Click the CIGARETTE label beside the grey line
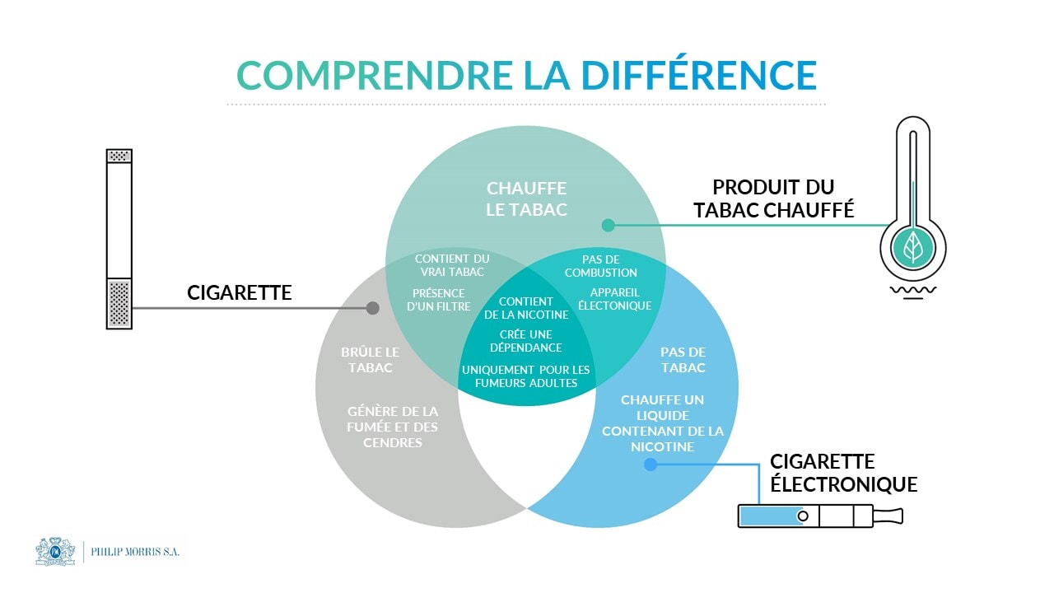click(x=240, y=292)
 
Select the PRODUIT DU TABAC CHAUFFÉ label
click(x=773, y=198)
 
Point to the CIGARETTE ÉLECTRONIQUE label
click(x=843, y=473)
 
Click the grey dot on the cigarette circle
click(x=372, y=308)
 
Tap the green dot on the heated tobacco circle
click(x=608, y=225)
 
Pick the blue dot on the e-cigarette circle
click(x=650, y=465)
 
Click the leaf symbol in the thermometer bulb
click(x=912, y=246)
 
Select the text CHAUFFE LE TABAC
click(x=526, y=199)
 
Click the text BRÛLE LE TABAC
click(x=371, y=360)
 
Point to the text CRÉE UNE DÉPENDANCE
click(x=525, y=341)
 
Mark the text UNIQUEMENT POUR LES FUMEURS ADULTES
click(x=525, y=376)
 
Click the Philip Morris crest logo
click(x=55, y=551)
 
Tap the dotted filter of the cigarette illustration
click(x=119, y=304)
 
